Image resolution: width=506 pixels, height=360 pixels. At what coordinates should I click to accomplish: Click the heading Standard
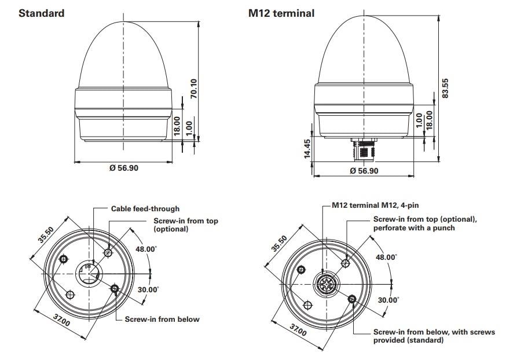click(x=41, y=13)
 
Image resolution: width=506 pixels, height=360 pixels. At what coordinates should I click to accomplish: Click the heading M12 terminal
click(x=281, y=13)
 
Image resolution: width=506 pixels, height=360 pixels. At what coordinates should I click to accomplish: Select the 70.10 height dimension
click(x=194, y=88)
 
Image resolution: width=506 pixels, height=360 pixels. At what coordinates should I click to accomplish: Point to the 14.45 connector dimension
click(x=308, y=148)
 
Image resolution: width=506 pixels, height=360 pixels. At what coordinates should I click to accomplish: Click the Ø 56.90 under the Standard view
click(x=124, y=168)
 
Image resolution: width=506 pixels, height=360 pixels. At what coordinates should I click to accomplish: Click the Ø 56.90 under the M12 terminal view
click(x=365, y=170)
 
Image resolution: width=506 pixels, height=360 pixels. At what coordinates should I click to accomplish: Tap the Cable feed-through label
click(x=145, y=208)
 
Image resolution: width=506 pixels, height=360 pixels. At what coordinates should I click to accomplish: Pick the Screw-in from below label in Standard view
click(x=162, y=319)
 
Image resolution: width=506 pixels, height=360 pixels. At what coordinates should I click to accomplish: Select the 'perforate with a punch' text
click(x=414, y=227)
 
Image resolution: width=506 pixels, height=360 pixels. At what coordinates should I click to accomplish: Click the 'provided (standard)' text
click(x=408, y=340)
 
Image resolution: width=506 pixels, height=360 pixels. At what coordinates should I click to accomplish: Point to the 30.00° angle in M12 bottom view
click(x=388, y=300)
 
